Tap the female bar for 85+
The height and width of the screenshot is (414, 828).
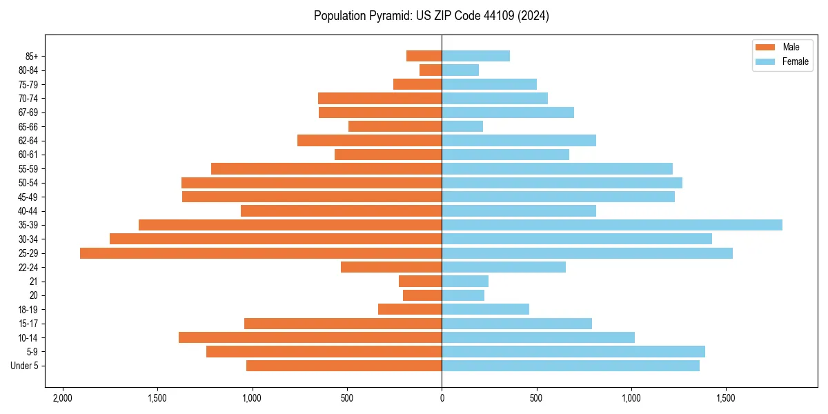pyautogui.click(x=476, y=56)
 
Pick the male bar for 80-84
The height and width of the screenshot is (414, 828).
pyautogui.click(x=431, y=70)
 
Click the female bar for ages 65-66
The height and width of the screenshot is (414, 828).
pyautogui.click(x=462, y=126)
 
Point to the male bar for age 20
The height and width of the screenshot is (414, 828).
pyautogui.click(x=422, y=295)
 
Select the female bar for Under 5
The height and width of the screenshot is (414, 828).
pyautogui.click(x=571, y=366)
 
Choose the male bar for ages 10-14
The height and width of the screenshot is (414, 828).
pyautogui.click(x=310, y=337)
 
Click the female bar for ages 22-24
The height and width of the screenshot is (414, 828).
pyautogui.click(x=504, y=267)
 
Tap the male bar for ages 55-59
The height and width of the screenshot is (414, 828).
pyautogui.click(x=326, y=168)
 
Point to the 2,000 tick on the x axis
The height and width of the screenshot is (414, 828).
pyautogui.click(x=63, y=398)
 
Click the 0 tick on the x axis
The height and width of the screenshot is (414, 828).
pyautogui.click(x=442, y=398)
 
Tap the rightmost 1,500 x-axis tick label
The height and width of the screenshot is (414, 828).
pyautogui.click(x=726, y=398)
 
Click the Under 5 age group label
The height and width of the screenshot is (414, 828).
pyautogui.click(x=25, y=366)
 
